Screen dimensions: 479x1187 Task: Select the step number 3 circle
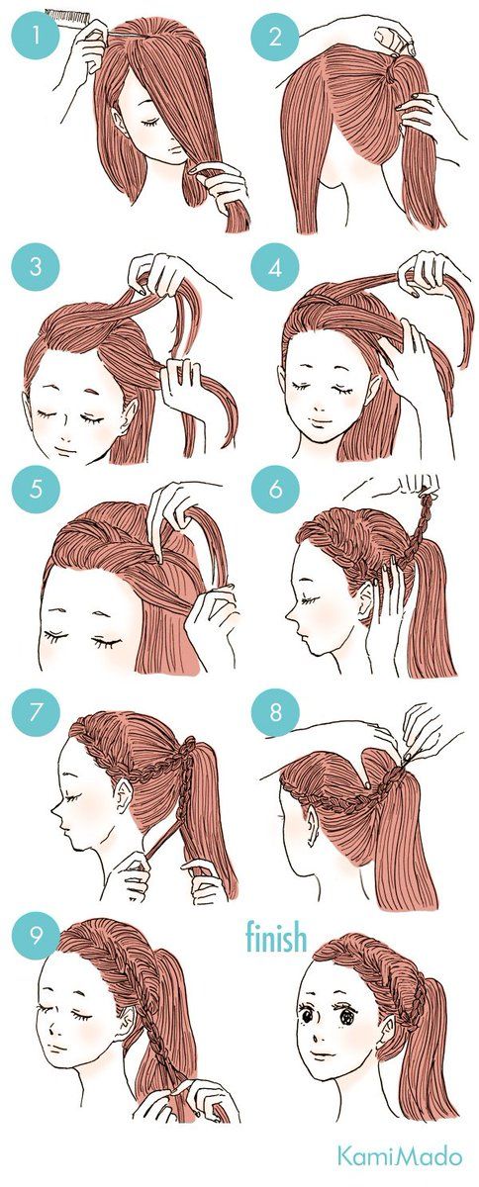(x=36, y=266)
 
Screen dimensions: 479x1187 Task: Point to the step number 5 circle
(x=36, y=489)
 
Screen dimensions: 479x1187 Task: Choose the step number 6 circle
(x=275, y=489)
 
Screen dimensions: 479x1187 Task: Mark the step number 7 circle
(x=36, y=711)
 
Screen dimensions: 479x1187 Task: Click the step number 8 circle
(x=275, y=711)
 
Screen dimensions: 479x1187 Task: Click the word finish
(x=276, y=937)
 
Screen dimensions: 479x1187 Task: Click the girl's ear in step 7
(x=124, y=792)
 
